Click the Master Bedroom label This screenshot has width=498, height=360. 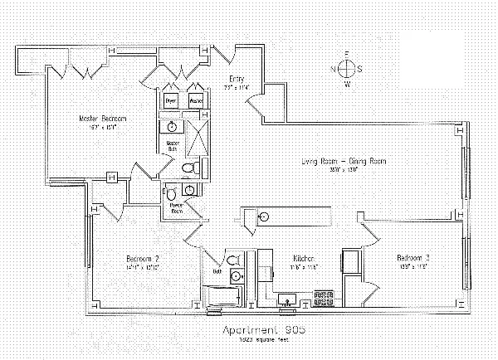[96, 119]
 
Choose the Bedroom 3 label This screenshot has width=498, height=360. [412, 257]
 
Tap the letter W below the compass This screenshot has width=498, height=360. [348, 85]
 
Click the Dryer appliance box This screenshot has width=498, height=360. [171, 100]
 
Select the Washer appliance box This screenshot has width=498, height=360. [196, 100]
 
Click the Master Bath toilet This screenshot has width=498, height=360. [188, 168]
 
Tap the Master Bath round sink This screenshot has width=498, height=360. [172, 127]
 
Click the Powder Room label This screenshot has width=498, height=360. [177, 207]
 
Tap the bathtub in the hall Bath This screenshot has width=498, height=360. [218, 297]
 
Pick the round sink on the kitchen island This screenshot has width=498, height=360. [264, 216]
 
